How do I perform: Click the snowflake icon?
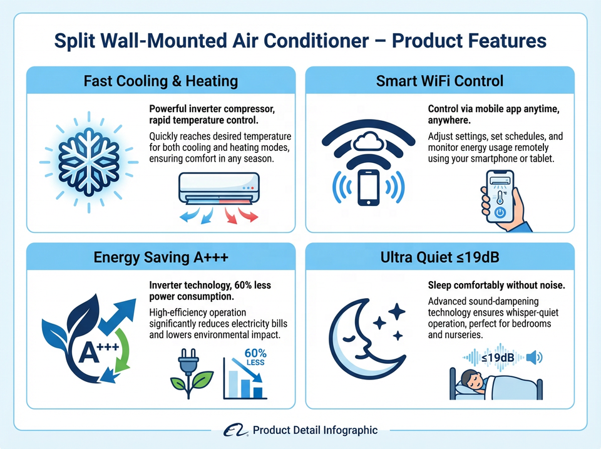pyautogui.click(x=89, y=162)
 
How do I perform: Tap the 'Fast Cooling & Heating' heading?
pyautogui.click(x=161, y=81)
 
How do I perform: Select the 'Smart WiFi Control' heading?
pyautogui.click(x=439, y=81)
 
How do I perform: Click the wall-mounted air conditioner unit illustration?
pyautogui.click(x=219, y=188)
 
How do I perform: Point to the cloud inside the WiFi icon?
pyautogui.click(x=368, y=141)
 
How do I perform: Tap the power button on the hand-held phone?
pyautogui.click(x=500, y=212)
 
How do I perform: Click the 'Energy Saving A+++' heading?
pyautogui.click(x=161, y=257)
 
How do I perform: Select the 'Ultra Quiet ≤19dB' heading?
pyautogui.click(x=439, y=257)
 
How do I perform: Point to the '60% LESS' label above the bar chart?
pyautogui.click(x=255, y=356)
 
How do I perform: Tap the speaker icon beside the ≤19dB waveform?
pyautogui.click(x=534, y=358)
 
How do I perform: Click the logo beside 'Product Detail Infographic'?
pyautogui.click(x=235, y=430)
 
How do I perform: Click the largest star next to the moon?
pyautogui.click(x=397, y=311)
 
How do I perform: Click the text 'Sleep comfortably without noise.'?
pyautogui.click(x=496, y=286)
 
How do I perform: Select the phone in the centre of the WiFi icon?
pyautogui.click(x=368, y=187)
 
